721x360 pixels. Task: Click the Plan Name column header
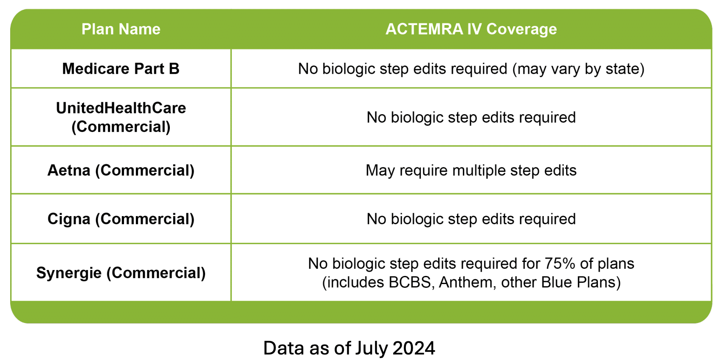(x=121, y=29)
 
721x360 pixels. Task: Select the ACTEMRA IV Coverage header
(x=471, y=29)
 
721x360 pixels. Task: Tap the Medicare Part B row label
(x=121, y=68)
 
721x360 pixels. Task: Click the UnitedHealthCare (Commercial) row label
(x=121, y=117)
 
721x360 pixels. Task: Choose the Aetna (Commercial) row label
(x=121, y=170)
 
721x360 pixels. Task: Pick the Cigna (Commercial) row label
(x=121, y=219)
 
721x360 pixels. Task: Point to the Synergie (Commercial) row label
(x=121, y=273)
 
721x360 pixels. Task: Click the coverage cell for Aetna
(x=471, y=171)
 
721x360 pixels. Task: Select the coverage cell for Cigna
(x=471, y=219)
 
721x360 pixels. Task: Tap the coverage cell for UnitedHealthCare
(x=471, y=118)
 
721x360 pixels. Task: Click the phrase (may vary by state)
(x=578, y=69)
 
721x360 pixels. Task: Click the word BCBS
(x=410, y=282)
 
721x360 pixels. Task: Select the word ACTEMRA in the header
(x=424, y=29)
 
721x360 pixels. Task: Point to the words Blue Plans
(x=580, y=282)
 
